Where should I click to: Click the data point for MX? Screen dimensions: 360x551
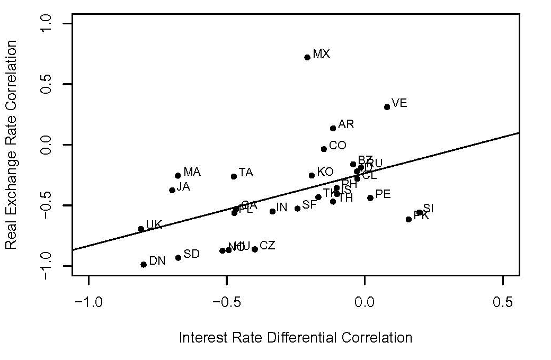307,57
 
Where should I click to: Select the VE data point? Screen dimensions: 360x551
387,107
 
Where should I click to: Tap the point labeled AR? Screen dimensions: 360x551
333,128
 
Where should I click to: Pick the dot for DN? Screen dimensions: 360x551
144,264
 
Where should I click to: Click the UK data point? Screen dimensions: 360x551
141,229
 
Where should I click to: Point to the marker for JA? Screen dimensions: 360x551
172,190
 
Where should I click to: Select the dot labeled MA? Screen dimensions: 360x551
178,176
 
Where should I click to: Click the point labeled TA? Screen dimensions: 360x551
234,176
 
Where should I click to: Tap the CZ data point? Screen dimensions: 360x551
255,249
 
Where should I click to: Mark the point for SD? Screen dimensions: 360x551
179,258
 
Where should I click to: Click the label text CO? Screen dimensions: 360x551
337,145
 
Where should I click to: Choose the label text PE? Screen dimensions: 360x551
383,194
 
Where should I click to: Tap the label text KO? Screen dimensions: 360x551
325,172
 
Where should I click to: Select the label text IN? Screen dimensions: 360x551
281,208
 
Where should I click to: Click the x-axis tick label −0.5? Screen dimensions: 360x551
226,302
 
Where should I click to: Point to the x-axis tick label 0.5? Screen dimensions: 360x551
502,302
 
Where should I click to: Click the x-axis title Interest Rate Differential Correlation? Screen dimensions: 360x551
295,337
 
